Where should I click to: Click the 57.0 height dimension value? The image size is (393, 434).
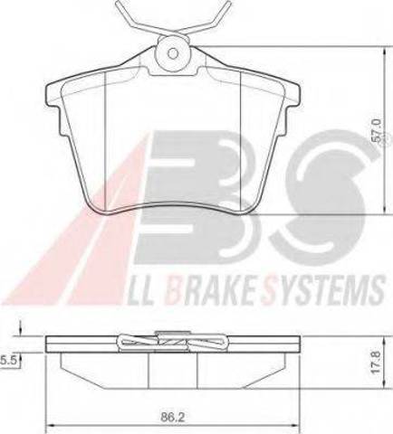coord(376,130)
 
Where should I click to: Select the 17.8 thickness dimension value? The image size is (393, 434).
coord(376,362)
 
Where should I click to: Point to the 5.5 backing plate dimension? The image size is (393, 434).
coord(8,360)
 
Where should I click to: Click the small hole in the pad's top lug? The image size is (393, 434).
coord(173,53)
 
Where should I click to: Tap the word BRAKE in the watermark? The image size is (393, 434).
coord(210,288)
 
